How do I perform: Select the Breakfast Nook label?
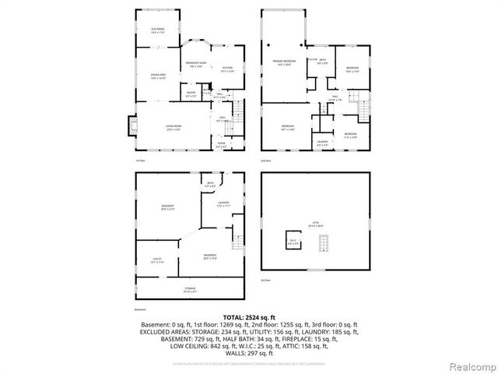click(x=197, y=64)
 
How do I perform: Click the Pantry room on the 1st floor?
click(x=191, y=94)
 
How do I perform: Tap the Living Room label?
click(x=173, y=127)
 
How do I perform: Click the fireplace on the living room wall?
click(x=130, y=126)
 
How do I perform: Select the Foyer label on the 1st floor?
click(x=221, y=145)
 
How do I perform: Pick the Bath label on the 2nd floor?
click(x=322, y=61)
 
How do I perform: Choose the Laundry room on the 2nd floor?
click(x=323, y=143)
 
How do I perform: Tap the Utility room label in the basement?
click(x=156, y=262)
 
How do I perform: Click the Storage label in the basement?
click(x=190, y=290)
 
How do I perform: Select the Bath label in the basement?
click(x=210, y=185)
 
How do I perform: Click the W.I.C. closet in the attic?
click(x=294, y=242)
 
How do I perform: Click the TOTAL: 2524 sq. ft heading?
click(x=248, y=317)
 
